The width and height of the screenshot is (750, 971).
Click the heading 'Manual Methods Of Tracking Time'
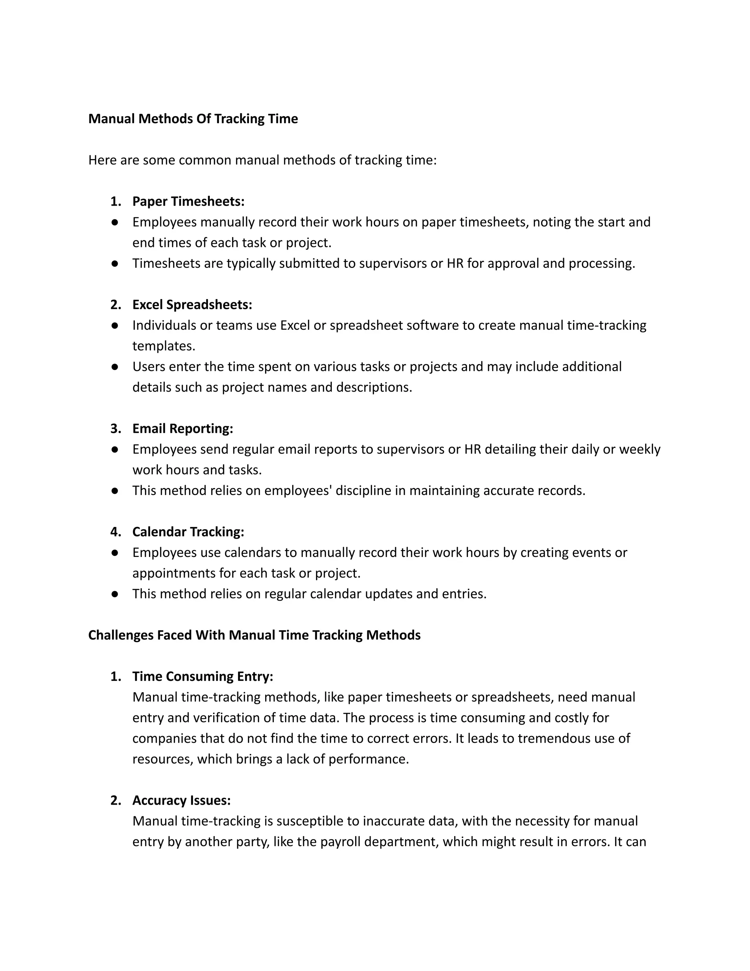tap(193, 119)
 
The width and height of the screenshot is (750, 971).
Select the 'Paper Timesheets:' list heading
tap(188, 202)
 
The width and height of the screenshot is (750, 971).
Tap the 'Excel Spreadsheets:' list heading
tap(192, 304)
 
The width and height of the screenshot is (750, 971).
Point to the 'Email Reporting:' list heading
tap(183, 429)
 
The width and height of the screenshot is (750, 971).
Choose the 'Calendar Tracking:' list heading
tap(188, 532)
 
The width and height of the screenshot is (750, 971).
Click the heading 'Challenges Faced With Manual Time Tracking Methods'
tap(254, 635)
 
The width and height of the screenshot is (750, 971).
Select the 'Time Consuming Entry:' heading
tap(203, 676)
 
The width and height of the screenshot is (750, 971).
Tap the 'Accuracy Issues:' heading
tap(181, 800)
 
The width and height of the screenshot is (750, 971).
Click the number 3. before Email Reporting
tap(115, 429)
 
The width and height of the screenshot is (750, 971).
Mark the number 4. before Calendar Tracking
tap(115, 532)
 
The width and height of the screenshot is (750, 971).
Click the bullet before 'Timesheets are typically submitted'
tap(115, 264)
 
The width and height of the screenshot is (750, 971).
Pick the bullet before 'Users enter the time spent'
tap(115, 367)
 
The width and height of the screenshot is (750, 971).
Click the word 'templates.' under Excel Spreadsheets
tap(163, 346)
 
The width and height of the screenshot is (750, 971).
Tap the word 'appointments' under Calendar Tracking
tap(174, 573)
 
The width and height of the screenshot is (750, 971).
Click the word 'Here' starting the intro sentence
tap(102, 160)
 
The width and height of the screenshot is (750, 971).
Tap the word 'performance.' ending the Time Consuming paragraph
tap(368, 759)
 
